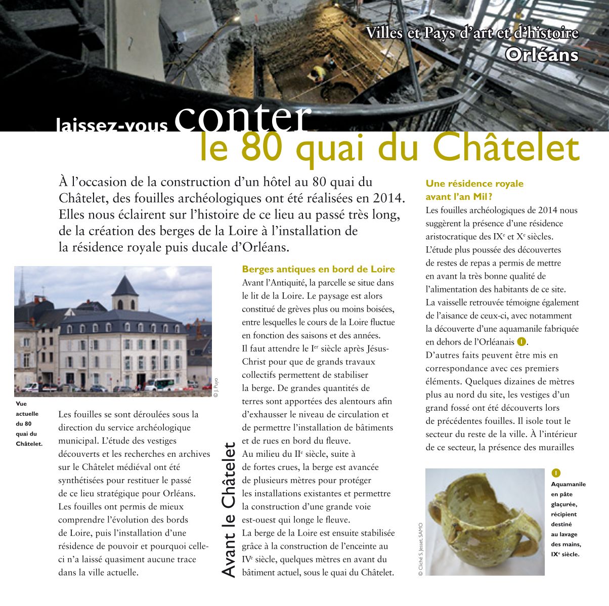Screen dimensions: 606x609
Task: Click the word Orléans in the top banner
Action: [x=541, y=55]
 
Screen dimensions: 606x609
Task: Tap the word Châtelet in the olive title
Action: [x=506, y=148]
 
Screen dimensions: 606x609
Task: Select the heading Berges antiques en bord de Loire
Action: [x=318, y=269]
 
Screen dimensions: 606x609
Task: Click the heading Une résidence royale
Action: [x=474, y=184]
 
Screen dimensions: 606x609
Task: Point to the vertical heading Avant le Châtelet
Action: [x=229, y=510]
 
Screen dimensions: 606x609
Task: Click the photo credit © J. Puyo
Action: [x=215, y=387]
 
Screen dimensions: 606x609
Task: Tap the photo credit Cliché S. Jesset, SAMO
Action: [x=420, y=549]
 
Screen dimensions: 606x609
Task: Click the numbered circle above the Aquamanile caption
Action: [x=556, y=473]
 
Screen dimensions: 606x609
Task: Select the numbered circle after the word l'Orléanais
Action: [x=521, y=342]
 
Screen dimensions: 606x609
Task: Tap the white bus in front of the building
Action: [x=159, y=384]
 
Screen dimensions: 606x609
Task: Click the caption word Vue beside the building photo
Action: [x=21, y=404]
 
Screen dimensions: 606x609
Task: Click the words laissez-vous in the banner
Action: [x=112, y=125]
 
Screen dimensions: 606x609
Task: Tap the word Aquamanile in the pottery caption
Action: [x=568, y=484]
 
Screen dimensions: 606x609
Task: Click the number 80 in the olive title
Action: [x=263, y=148]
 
